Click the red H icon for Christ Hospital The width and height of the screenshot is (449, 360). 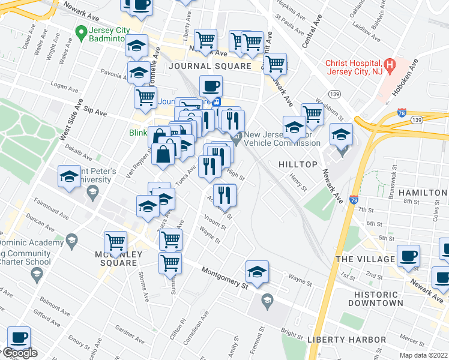pyautogui.click(x=390, y=63)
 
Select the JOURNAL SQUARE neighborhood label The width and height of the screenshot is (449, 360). pyautogui.click(x=209, y=66)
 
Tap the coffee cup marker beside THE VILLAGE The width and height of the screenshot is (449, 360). pyautogui.click(x=408, y=257)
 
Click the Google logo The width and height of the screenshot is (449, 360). pyautogui.click(x=19, y=353)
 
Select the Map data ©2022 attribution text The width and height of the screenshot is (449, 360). pyautogui.click(x=423, y=355)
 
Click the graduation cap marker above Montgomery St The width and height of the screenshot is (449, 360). pyautogui.click(x=257, y=273)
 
